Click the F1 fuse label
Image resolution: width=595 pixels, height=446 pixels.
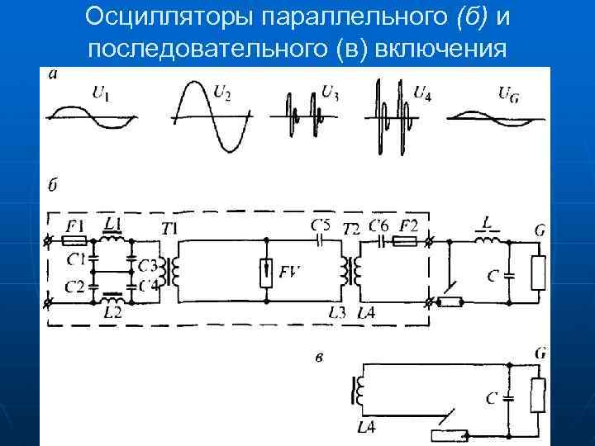(x=75, y=225)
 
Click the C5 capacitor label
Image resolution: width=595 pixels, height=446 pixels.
(x=320, y=225)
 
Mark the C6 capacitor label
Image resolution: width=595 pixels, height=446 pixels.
(x=379, y=225)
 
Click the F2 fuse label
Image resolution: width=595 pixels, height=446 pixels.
(x=410, y=225)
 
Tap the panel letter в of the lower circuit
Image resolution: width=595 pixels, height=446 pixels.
(x=319, y=357)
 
